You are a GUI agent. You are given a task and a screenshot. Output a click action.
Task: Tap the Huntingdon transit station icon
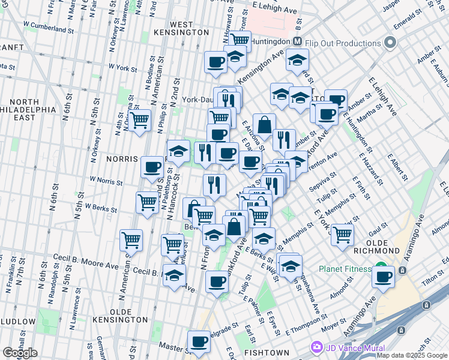click(297, 41)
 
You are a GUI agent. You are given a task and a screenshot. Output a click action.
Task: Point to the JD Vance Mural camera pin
click(316, 347)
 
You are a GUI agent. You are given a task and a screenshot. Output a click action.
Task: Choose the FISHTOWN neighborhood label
click(270, 353)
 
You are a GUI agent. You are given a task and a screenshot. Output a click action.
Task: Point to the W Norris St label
click(106, 179)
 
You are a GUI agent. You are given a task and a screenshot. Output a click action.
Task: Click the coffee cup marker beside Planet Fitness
click(383, 277)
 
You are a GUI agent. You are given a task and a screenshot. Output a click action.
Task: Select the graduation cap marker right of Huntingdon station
click(297, 59)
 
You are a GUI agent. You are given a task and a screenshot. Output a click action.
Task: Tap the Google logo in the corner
click(20, 353)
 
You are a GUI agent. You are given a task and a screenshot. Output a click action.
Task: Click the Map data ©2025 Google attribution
click(411, 355)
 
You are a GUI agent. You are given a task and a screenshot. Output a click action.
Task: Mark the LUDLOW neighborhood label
click(17, 322)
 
